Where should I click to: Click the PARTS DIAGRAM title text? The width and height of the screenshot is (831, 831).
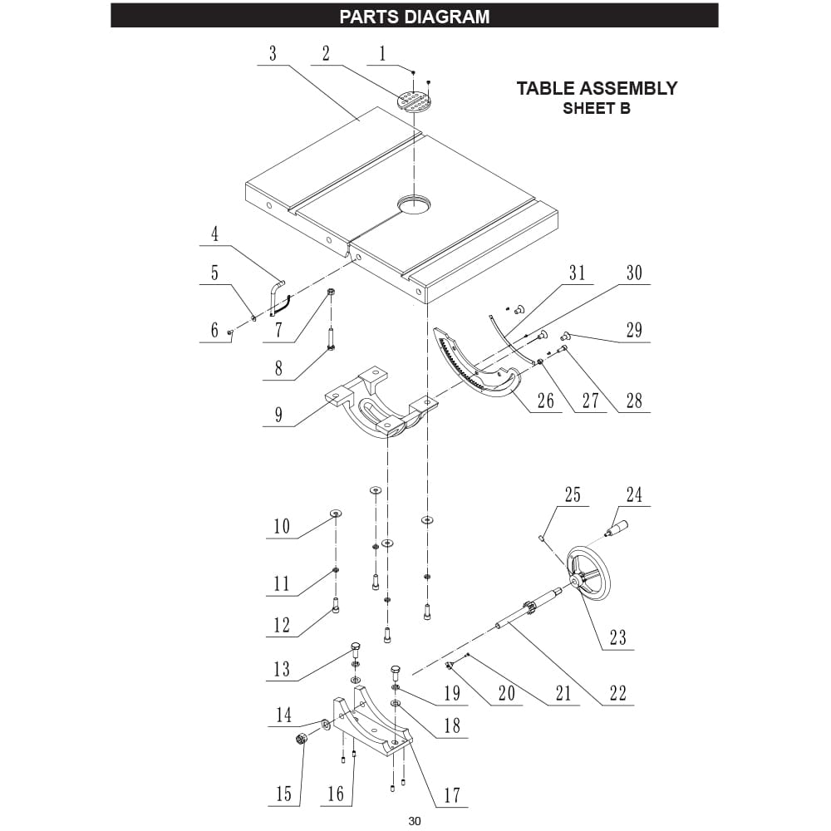(415, 16)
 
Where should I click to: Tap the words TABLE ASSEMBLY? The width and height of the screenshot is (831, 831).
(597, 88)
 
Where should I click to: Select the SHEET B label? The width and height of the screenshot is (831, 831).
(597, 109)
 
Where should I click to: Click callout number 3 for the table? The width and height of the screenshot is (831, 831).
(273, 54)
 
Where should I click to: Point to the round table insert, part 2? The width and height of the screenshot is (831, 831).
(415, 101)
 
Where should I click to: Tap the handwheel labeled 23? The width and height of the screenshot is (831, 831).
(588, 572)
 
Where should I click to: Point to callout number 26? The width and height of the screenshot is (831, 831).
(545, 401)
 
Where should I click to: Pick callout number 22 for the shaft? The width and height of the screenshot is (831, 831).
(617, 692)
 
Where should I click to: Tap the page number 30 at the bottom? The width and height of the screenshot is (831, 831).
(415, 821)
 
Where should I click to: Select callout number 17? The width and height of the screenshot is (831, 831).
(451, 794)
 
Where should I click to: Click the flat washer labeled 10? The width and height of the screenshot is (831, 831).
(336, 513)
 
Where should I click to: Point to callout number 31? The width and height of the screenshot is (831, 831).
(577, 273)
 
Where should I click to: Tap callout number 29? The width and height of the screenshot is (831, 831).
(634, 330)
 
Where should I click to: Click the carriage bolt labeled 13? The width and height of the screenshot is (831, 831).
(355, 648)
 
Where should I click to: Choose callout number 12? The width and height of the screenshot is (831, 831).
(283, 625)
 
